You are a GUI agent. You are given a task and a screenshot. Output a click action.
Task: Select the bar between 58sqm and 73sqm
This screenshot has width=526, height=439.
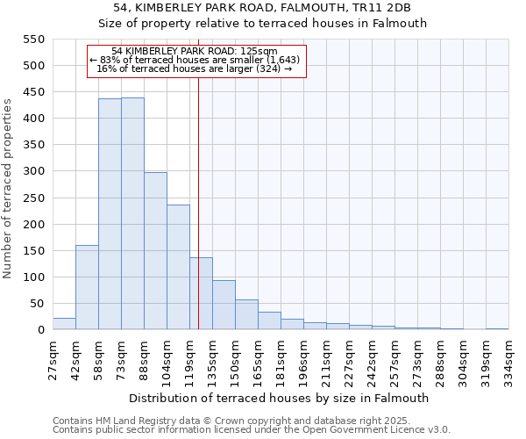[110, 214]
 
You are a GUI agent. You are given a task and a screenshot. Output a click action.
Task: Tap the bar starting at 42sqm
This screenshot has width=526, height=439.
[87, 287]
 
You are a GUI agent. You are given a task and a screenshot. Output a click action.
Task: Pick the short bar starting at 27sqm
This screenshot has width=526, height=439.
[64, 324]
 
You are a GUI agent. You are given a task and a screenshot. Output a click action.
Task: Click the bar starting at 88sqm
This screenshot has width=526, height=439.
[155, 251]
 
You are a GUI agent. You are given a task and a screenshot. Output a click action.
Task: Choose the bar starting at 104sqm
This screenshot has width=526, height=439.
[178, 267]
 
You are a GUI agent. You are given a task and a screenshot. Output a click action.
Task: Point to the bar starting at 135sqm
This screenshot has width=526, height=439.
[224, 305]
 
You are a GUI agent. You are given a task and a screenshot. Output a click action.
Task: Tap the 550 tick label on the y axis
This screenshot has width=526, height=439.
[32, 40]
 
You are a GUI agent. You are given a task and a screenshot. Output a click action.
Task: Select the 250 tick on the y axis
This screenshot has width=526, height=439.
[32, 225]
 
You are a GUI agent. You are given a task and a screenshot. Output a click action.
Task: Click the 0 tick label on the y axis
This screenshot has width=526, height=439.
[40, 330]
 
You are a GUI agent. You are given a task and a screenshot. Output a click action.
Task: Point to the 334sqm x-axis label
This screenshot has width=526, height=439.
[508, 358]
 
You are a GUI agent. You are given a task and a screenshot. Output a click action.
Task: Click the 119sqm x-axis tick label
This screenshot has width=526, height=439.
[189, 358]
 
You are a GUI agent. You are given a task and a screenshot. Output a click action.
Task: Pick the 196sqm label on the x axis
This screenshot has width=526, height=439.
[303, 358]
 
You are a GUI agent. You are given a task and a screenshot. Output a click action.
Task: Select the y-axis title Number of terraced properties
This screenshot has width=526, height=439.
[8, 189]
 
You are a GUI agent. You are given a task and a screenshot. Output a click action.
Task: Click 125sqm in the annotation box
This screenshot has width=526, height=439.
[259, 51]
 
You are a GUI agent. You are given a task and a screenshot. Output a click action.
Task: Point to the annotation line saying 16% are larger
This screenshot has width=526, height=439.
[194, 68]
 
